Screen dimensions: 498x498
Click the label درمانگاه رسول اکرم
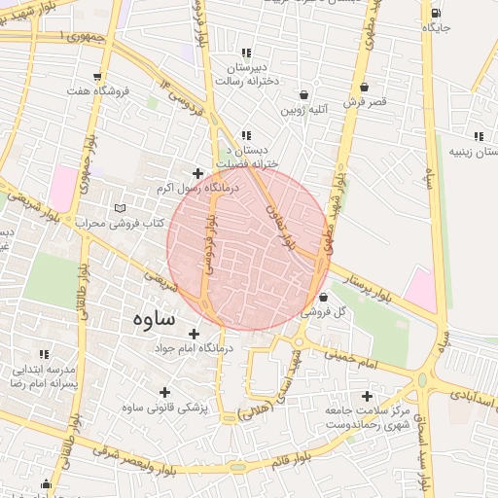click(x=167, y=188)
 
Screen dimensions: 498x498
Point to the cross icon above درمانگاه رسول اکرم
click(x=197, y=173)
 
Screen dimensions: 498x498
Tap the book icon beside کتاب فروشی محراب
click(x=121, y=209)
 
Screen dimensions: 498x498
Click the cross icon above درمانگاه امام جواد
click(x=194, y=334)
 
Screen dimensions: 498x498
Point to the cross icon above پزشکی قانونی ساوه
click(x=163, y=392)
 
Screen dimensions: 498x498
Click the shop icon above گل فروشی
click(x=323, y=297)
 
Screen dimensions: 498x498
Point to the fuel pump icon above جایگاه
click(x=435, y=13)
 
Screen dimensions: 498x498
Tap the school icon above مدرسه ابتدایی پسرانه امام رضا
click(x=43, y=356)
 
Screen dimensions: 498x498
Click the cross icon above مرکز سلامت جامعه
click(x=367, y=396)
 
